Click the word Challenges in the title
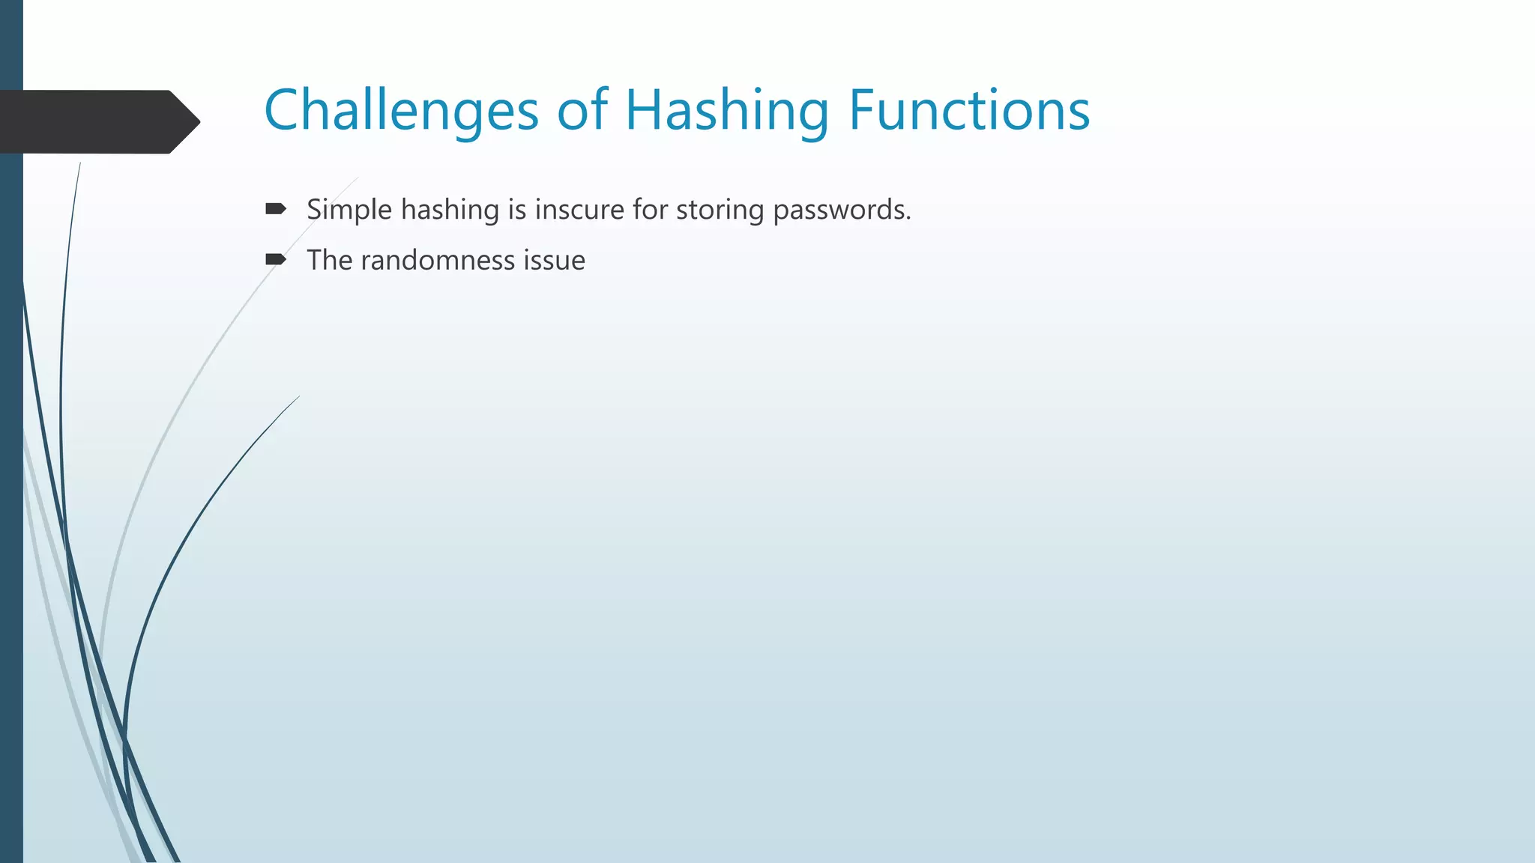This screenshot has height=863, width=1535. [401, 111]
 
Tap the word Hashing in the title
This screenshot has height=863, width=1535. [727, 111]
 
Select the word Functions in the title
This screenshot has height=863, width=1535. [968, 111]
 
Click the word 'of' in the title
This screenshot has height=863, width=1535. [582, 111]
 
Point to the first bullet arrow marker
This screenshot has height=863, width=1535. [275, 209]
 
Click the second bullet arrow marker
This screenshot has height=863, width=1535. [275, 260]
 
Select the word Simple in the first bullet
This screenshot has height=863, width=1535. [349, 210]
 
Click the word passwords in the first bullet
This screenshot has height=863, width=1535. [841, 210]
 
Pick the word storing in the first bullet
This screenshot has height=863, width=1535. [720, 210]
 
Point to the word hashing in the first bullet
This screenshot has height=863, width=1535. [450, 210]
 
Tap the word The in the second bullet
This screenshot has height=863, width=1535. [329, 261]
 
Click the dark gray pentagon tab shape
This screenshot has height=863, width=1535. [90, 122]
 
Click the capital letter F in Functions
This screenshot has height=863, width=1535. [860, 111]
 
